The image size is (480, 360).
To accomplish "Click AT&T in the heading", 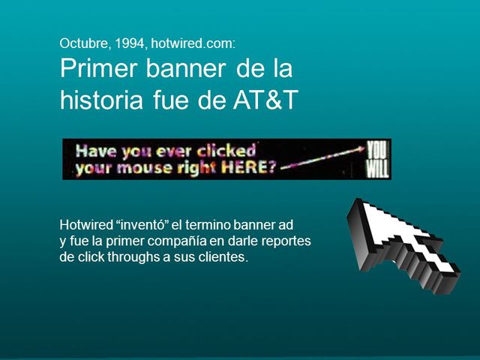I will pos(262,100).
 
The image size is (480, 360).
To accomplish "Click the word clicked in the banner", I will pos(228,150).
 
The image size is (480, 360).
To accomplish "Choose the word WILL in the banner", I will pos(377,169).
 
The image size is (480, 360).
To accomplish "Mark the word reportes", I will pos(285,241).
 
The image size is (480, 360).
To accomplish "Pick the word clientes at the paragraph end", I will pos(221,258).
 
